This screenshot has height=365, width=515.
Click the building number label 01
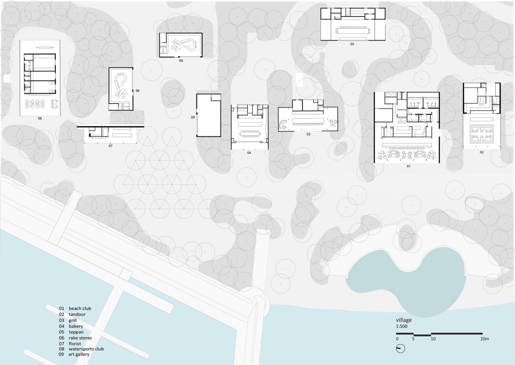[x=408, y=166]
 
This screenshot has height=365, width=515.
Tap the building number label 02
[x=482, y=152]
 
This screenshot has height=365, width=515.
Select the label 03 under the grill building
[x=308, y=134]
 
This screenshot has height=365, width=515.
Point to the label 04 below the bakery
[x=249, y=153]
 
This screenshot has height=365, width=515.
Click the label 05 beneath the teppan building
[x=352, y=44]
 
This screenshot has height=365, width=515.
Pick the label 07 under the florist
[x=111, y=146]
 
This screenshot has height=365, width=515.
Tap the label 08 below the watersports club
[x=40, y=118]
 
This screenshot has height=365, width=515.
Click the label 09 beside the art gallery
[x=193, y=117]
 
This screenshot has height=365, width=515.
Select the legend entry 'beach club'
[x=80, y=309]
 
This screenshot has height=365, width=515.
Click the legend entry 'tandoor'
[x=77, y=314]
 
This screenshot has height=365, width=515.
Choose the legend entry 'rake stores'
[x=80, y=338]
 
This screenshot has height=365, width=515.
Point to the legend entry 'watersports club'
[x=86, y=349]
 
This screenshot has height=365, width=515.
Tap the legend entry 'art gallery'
[x=79, y=354]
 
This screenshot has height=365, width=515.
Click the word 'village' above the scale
[x=403, y=320]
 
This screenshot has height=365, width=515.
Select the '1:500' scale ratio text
[x=401, y=326]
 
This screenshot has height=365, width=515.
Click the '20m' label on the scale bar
[x=484, y=339]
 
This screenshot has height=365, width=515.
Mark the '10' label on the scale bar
[x=433, y=339]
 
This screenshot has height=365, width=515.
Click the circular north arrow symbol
[x=401, y=348]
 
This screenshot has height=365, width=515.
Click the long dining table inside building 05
[x=354, y=31]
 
